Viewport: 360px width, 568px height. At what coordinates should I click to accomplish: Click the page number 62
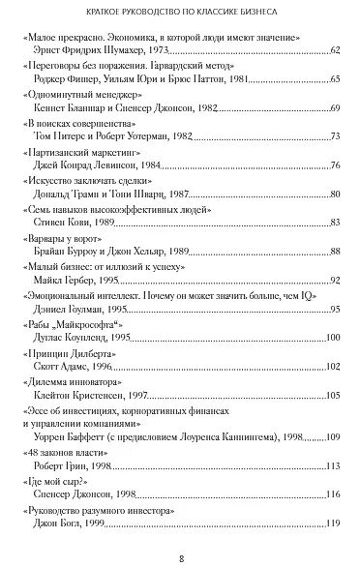click(335, 48)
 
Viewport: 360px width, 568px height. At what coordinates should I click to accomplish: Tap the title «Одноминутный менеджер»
click(82, 95)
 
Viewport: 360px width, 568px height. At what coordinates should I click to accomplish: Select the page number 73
click(335, 136)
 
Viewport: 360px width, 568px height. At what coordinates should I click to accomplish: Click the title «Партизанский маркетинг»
click(88, 153)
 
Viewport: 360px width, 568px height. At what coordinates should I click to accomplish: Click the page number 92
click(335, 281)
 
